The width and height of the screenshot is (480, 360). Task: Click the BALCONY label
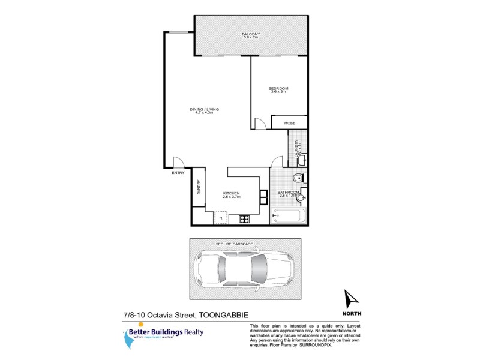(x=250, y=34)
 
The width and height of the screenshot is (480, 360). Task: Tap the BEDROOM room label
(x=278, y=89)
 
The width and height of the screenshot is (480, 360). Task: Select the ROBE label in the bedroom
(x=289, y=123)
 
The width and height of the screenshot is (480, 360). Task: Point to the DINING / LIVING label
(x=205, y=109)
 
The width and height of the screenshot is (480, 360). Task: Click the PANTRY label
(x=199, y=188)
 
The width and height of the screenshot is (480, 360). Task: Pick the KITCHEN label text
(x=232, y=193)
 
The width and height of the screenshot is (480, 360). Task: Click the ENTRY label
(x=178, y=173)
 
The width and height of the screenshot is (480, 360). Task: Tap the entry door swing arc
(x=179, y=162)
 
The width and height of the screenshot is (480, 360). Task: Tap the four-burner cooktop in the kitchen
(x=244, y=219)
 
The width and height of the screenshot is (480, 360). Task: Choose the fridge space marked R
(x=221, y=217)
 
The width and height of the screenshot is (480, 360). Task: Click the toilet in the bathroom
(x=298, y=178)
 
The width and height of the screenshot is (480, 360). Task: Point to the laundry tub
(x=302, y=160)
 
